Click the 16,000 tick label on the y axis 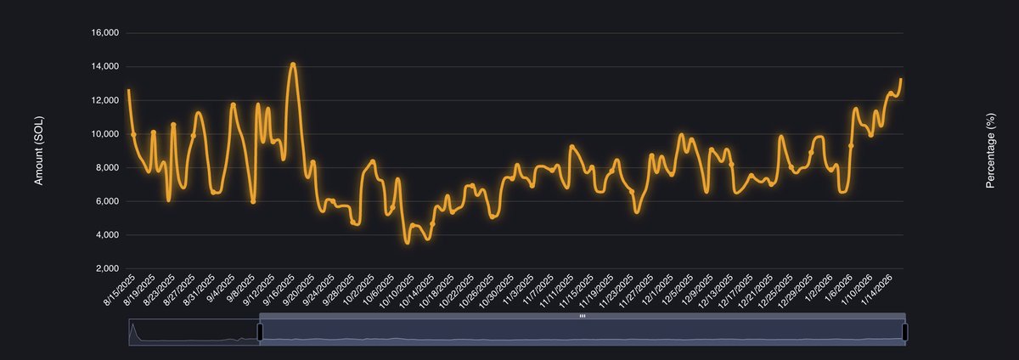tap(105, 33)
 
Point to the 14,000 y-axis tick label tap(105, 66)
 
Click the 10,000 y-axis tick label tap(105, 134)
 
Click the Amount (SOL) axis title tap(38, 151)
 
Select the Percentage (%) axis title tap(990, 151)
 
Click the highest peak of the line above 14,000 tap(292, 64)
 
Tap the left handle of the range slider tap(260, 331)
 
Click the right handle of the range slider tap(905, 331)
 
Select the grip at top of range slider tap(583, 316)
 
